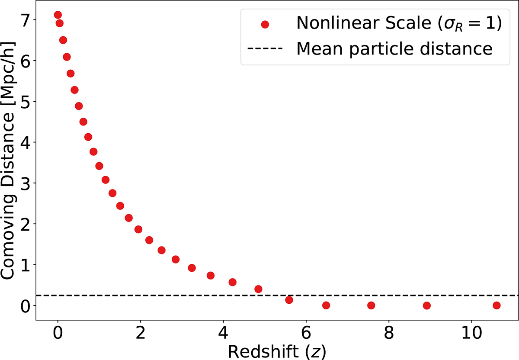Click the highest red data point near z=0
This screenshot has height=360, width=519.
tap(58, 15)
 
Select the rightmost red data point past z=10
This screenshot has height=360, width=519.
tap(497, 305)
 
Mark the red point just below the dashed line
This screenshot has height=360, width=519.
tap(289, 300)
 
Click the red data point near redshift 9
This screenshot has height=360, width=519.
tap(427, 305)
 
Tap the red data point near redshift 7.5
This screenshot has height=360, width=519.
tap(371, 305)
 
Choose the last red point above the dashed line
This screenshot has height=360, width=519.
tap(258, 289)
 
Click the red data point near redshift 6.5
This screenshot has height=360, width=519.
tap(326, 305)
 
